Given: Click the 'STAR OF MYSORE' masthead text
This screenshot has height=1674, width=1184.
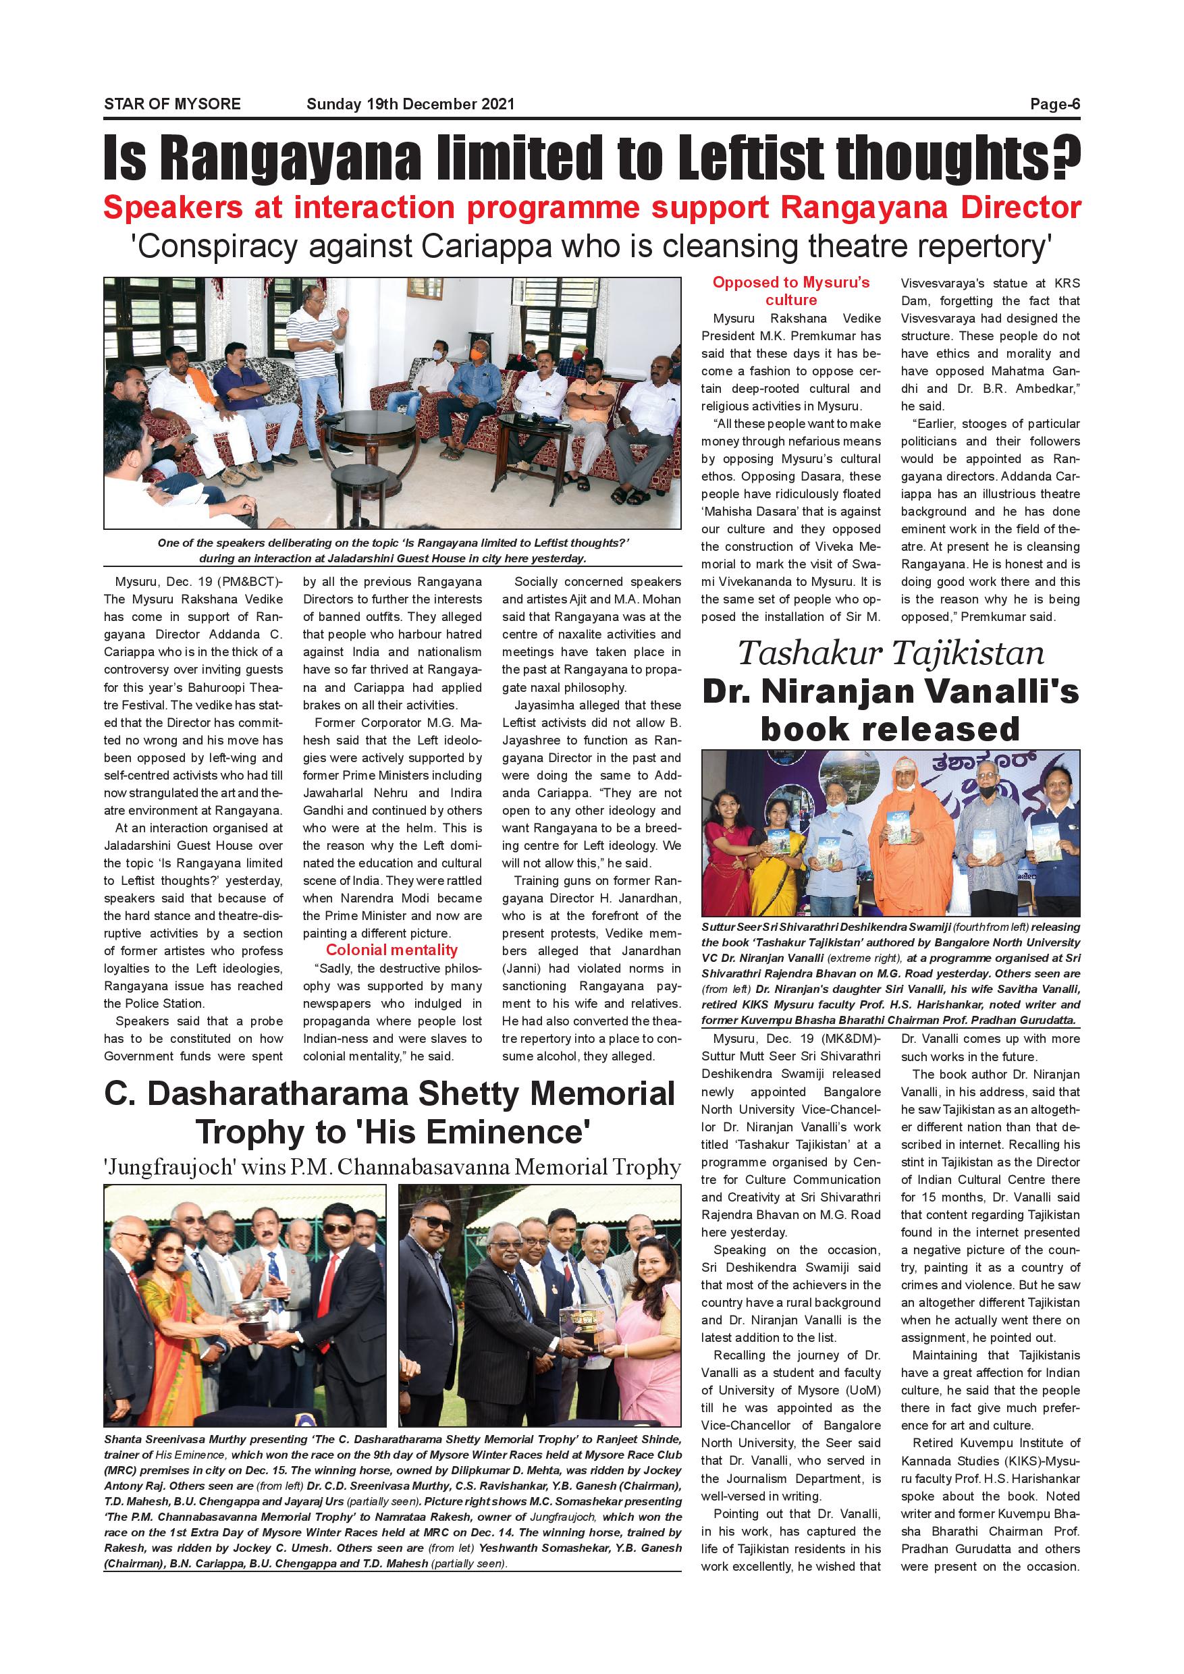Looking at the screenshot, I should click(x=172, y=104).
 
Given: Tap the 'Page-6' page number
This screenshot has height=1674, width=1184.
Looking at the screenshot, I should click(x=1054, y=104).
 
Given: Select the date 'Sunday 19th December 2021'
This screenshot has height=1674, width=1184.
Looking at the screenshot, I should click(x=410, y=104).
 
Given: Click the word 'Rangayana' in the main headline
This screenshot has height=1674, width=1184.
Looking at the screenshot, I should click(x=290, y=157).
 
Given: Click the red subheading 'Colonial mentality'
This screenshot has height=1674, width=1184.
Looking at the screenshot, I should click(x=392, y=950).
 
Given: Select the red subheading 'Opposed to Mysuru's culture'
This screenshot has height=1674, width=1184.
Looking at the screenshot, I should click(x=791, y=291).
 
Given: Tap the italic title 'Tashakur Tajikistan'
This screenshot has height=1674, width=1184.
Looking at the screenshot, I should click(x=890, y=653).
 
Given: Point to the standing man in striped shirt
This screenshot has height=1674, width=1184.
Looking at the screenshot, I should click(x=317, y=364).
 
